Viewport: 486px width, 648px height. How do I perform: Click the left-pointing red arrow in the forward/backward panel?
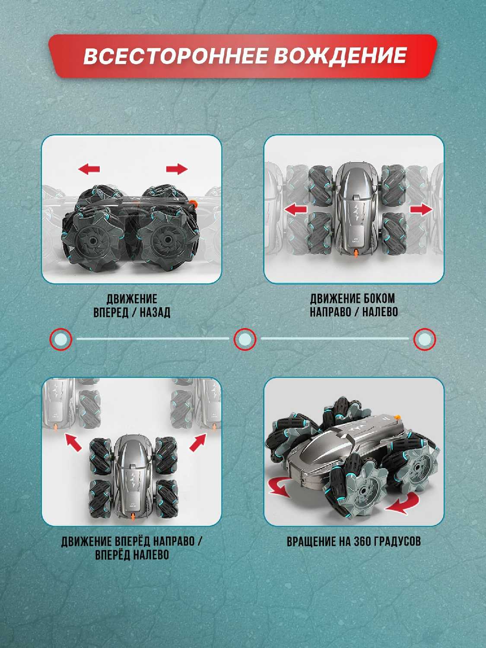click(89, 169)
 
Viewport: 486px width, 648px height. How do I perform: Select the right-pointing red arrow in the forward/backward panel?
click(177, 169)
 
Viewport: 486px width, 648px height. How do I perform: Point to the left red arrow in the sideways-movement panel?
click(295, 210)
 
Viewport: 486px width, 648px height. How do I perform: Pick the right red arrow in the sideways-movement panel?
click(421, 210)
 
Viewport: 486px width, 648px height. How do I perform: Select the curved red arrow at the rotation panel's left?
click(279, 488)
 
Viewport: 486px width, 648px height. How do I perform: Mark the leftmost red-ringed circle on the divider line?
click(61, 339)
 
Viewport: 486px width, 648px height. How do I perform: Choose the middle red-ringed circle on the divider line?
click(245, 339)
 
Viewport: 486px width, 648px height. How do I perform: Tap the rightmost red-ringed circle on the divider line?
click(425, 339)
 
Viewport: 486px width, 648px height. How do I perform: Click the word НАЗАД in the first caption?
click(155, 313)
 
